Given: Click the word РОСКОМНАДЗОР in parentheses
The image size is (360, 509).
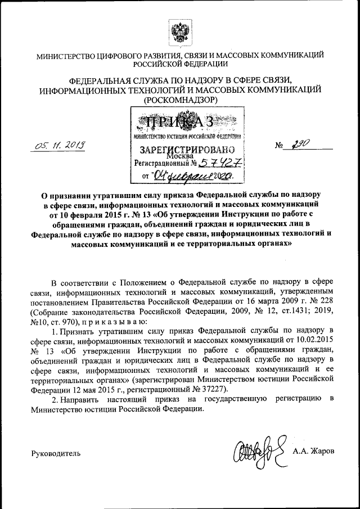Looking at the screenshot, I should [x=180, y=100].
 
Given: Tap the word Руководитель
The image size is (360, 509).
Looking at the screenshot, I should [x=56, y=453].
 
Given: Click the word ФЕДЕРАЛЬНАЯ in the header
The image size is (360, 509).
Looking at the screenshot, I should [x=99, y=80].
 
